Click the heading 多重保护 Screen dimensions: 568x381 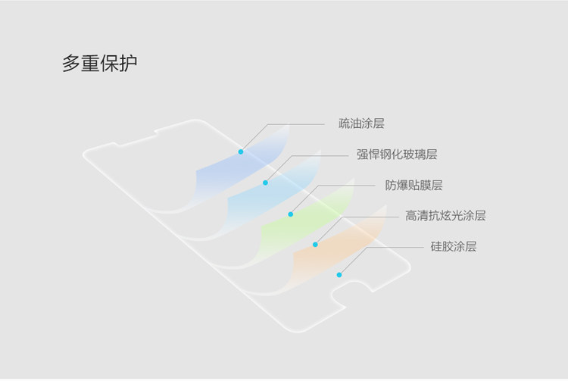(x=99, y=63)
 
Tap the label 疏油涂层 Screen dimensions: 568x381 (x=360, y=123)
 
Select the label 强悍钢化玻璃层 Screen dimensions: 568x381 (x=397, y=155)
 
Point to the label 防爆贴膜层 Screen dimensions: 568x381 (x=414, y=185)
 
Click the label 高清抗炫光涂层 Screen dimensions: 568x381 (x=445, y=216)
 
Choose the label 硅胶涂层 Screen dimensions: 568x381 (x=454, y=246)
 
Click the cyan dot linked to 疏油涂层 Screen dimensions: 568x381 (x=241, y=151)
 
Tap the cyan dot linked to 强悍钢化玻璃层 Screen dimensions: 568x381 (x=265, y=183)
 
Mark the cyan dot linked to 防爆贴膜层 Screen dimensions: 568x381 (x=290, y=214)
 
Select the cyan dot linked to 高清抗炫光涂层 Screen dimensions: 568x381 (x=315, y=245)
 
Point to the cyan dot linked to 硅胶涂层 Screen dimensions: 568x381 (x=339, y=275)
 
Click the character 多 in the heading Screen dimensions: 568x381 (x=70, y=63)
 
